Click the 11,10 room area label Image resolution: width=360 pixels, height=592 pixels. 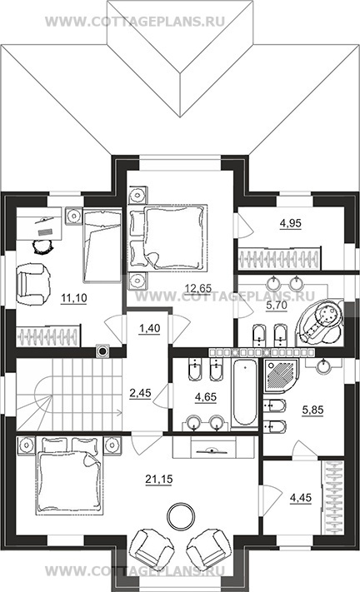click(x=74, y=298)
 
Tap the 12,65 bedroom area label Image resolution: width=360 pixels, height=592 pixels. click(x=198, y=288)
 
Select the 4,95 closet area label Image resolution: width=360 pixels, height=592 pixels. click(x=291, y=223)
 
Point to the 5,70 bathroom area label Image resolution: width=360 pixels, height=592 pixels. click(x=277, y=305)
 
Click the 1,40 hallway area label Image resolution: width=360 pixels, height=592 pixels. click(x=150, y=328)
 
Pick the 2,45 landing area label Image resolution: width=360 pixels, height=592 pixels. click(x=140, y=393)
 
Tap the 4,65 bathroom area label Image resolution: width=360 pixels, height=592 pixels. click(x=206, y=397)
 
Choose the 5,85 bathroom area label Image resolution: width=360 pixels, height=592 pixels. click(x=313, y=410)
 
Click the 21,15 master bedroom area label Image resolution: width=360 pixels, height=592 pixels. click(x=159, y=479)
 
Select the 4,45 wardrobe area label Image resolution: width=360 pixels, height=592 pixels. click(x=301, y=498)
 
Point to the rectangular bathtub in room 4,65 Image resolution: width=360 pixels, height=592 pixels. click(x=246, y=393)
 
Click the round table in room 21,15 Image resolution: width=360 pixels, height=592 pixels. click(x=182, y=516)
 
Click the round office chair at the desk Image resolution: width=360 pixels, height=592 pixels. click(x=44, y=246)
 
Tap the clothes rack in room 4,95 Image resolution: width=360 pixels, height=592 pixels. click(x=279, y=259)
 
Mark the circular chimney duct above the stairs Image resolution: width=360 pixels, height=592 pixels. click(x=102, y=351)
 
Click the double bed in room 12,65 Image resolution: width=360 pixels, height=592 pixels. click(x=168, y=237)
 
